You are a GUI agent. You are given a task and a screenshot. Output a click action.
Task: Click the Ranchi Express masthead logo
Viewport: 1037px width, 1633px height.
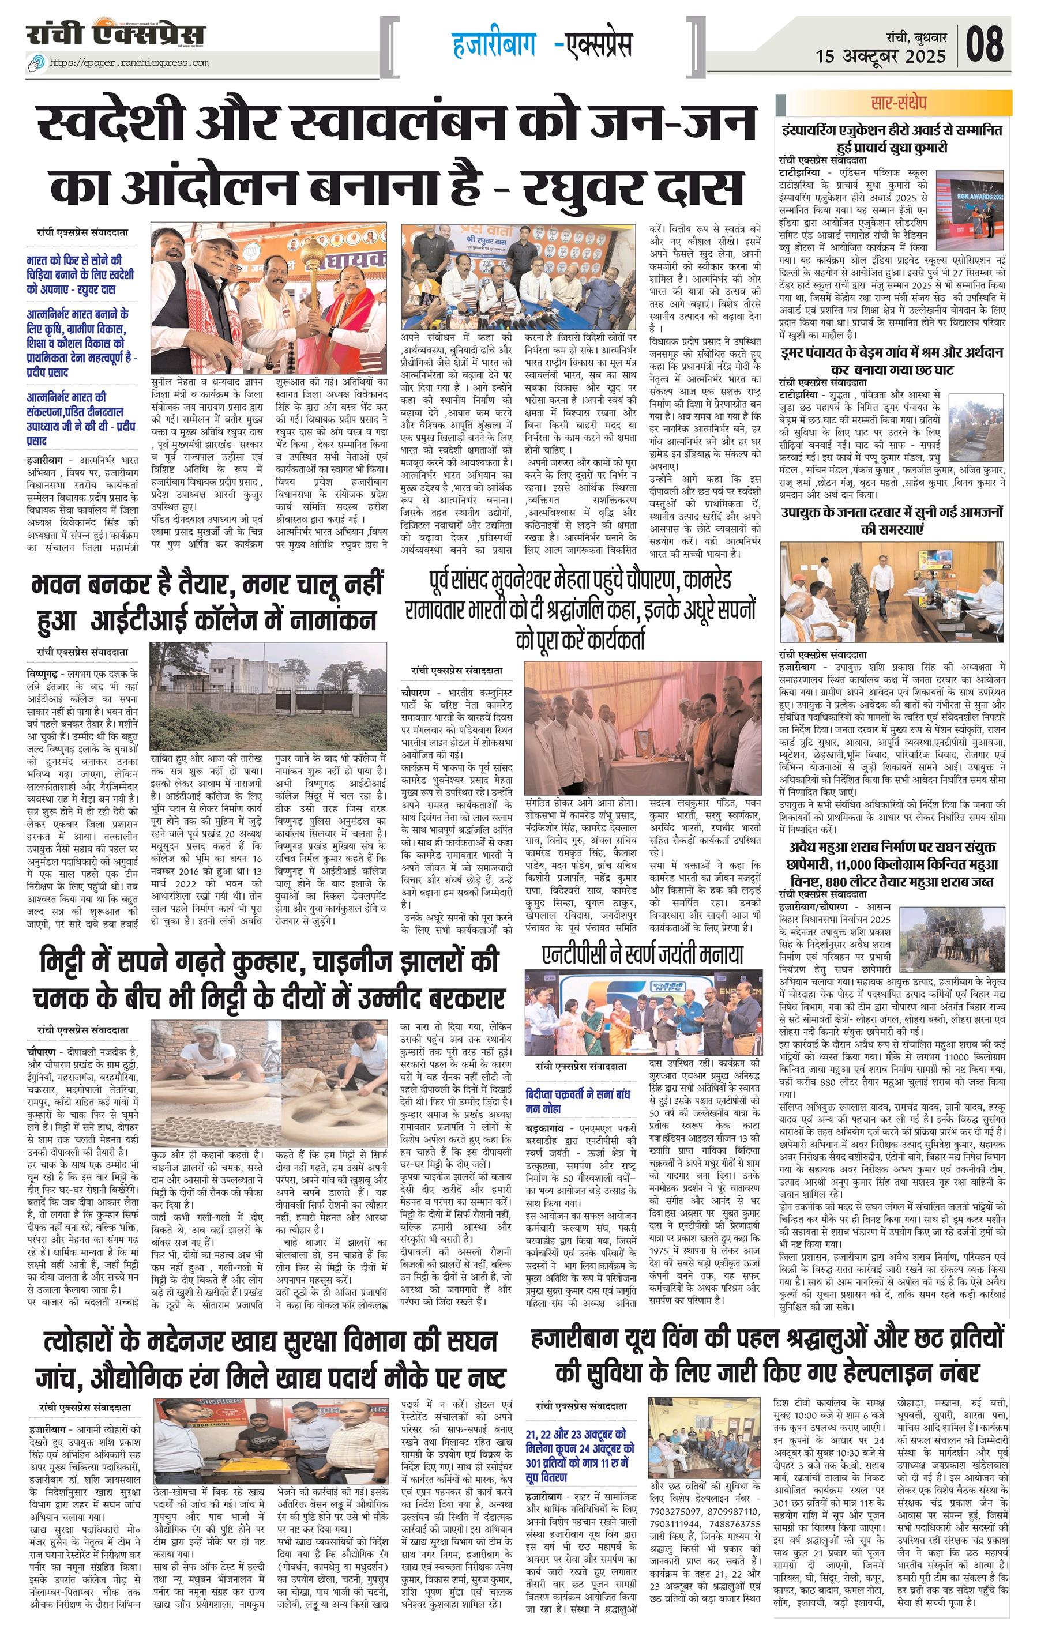coord(115,36)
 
